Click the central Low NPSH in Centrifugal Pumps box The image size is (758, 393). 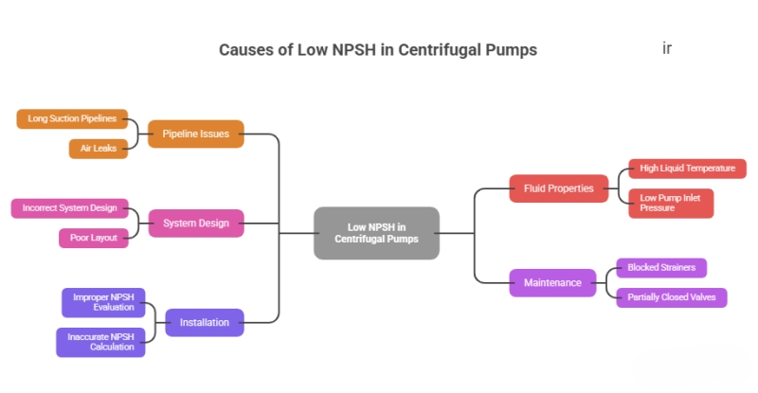pyautogui.click(x=376, y=233)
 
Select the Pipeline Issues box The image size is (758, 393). pyautogui.click(x=195, y=134)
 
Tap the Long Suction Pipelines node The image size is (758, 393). pyautogui.click(x=72, y=118)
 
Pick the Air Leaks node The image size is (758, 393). pyautogui.click(x=98, y=149)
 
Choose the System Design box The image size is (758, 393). pyautogui.click(x=195, y=223)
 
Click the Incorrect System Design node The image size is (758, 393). pyautogui.click(x=69, y=208)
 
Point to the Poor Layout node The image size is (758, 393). pyautogui.click(x=93, y=238)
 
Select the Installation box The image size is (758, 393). pyautogui.click(x=204, y=323)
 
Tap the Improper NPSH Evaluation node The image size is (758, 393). pyautogui.click(x=102, y=302)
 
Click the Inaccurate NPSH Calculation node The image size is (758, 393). pyautogui.click(x=100, y=342)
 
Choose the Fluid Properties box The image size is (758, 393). pyautogui.click(x=558, y=188)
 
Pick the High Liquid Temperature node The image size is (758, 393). pyautogui.click(x=687, y=169)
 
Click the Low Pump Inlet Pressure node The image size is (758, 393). pyautogui.click(x=670, y=203)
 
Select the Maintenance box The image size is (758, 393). pyautogui.click(x=551, y=282)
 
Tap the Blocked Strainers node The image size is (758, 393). pyautogui.click(x=660, y=268)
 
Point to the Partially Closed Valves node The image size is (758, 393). pyautogui.click(x=671, y=297)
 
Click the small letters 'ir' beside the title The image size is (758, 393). pyautogui.click(x=666, y=47)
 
